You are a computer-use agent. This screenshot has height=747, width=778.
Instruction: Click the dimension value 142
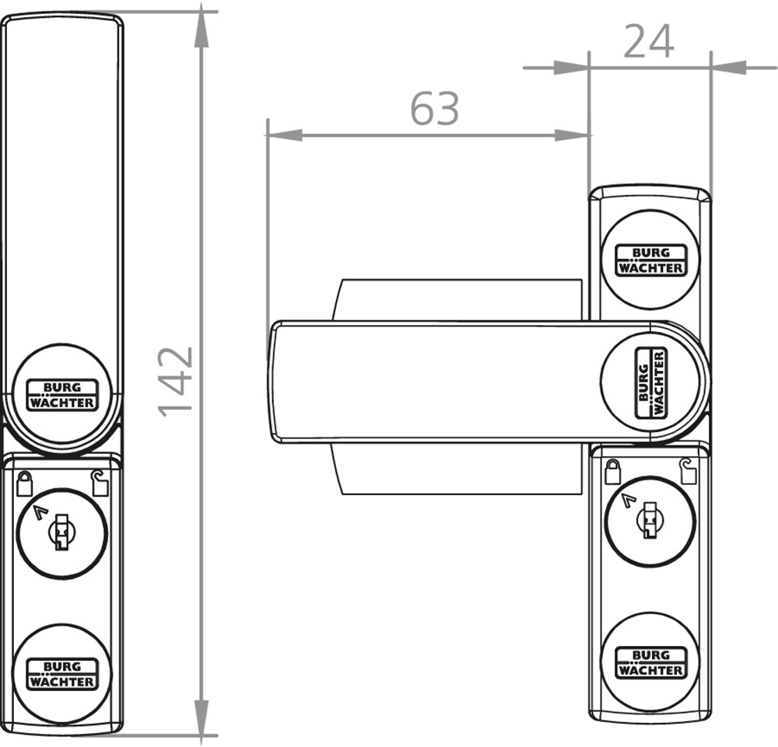pyautogui.click(x=175, y=381)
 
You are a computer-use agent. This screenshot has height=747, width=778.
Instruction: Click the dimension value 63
pyautogui.click(x=435, y=108)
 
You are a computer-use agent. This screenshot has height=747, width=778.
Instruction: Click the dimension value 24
pyautogui.click(x=649, y=42)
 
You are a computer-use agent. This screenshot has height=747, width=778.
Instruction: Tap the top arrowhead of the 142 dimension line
pyautogui.click(x=201, y=30)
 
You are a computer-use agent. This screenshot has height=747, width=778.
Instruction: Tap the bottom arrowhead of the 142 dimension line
pyautogui.click(x=201, y=717)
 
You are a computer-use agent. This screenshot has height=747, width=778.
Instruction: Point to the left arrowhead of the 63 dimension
pyautogui.click(x=285, y=134)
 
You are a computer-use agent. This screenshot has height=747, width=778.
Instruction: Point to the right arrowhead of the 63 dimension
pyautogui.click(x=571, y=134)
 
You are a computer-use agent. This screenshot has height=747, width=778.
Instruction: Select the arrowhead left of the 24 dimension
pyautogui.click(x=571, y=68)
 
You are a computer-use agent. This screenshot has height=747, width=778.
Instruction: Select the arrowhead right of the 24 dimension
pyautogui.click(x=728, y=68)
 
